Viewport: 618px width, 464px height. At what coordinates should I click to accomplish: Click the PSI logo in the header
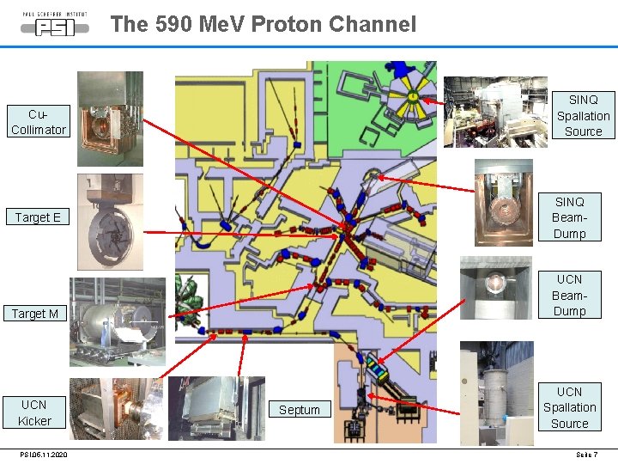(55, 25)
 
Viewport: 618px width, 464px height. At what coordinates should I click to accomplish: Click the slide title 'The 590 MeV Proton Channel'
(263, 24)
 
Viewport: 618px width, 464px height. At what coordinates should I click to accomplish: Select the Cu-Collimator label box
(38, 122)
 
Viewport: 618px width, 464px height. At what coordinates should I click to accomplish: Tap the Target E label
(38, 217)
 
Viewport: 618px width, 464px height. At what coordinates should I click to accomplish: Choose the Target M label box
(36, 314)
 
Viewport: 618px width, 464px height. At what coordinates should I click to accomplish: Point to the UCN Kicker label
(36, 412)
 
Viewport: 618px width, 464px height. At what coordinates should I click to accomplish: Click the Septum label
(299, 410)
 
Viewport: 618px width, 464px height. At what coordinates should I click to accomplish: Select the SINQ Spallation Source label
(583, 115)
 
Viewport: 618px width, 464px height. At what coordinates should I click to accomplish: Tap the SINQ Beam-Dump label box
(569, 217)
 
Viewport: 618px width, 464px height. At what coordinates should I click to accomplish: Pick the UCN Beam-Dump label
(569, 295)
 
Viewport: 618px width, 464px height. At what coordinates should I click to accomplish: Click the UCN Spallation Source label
(569, 407)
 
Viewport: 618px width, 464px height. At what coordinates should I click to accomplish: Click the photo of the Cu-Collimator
(110, 118)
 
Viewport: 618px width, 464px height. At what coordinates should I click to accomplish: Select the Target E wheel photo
(110, 222)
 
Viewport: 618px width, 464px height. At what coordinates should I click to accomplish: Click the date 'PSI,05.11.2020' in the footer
(44, 455)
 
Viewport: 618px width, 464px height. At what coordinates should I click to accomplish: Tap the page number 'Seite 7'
(586, 455)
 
